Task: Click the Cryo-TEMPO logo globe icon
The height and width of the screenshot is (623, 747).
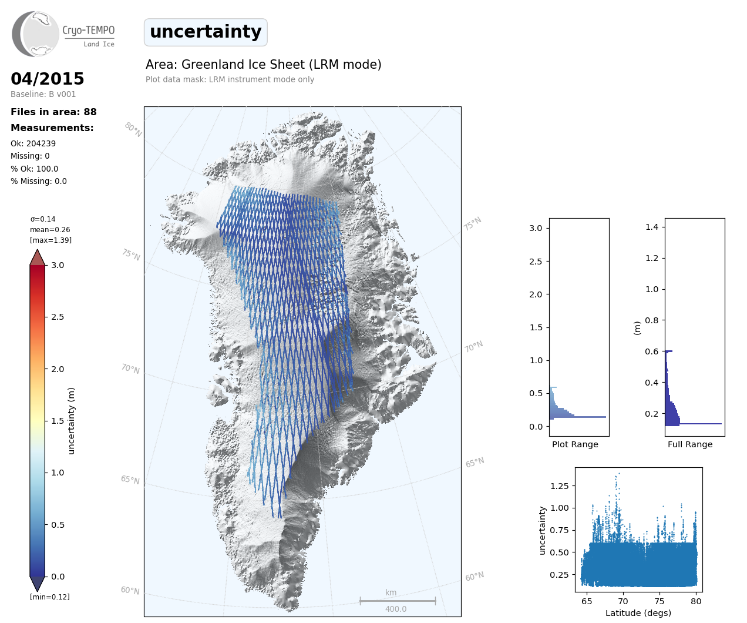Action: [x=36, y=34]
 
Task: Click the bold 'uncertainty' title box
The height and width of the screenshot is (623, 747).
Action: [x=206, y=32]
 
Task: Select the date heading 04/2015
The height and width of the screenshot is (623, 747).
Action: [x=48, y=79]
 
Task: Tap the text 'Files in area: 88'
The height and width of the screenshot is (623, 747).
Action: [x=53, y=112]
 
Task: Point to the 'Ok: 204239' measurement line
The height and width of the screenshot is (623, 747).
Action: [x=33, y=143]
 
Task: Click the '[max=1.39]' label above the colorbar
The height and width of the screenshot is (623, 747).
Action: [x=51, y=240]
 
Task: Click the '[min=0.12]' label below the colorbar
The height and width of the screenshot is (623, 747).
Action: [x=49, y=597]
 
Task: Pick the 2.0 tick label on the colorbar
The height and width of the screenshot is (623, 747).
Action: [x=58, y=369]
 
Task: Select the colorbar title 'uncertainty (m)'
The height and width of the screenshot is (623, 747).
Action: [x=72, y=420]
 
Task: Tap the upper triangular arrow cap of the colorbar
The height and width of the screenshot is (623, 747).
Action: [x=38, y=257]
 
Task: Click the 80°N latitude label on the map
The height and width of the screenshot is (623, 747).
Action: [x=133, y=129]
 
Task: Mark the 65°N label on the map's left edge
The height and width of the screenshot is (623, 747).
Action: [x=130, y=480]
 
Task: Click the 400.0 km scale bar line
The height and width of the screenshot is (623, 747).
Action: [x=398, y=601]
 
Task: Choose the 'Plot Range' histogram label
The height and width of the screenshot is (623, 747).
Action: [x=575, y=444]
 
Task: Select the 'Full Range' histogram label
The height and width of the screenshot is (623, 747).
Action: [x=690, y=444]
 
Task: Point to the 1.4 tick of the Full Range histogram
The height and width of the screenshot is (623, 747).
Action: [x=652, y=227]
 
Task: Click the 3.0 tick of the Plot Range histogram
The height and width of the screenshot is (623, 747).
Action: [x=536, y=228]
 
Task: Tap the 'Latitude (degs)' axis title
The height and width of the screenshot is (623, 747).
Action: [x=638, y=613]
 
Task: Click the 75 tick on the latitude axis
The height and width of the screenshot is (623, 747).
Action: [x=659, y=601]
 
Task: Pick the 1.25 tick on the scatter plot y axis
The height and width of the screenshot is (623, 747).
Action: [x=560, y=485]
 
